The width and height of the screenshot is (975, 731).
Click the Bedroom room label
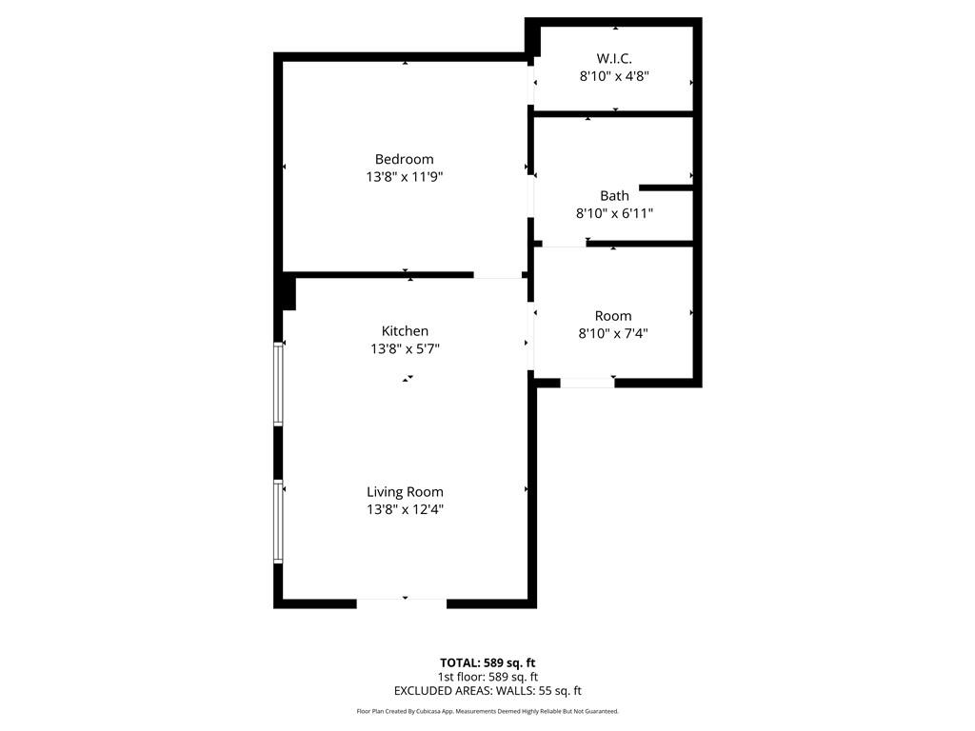pos(404,159)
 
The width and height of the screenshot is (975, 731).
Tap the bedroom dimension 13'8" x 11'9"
pos(404,176)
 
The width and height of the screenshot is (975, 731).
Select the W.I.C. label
pos(614,59)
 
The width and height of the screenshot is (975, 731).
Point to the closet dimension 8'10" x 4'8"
pos(614,76)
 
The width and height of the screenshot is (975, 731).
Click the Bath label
pos(614,196)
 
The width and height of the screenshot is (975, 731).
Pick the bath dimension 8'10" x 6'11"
pos(614,213)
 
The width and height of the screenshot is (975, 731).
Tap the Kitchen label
pos(405,331)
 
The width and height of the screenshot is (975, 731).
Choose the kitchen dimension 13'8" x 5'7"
pos(405,348)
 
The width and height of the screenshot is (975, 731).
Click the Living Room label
pos(405,492)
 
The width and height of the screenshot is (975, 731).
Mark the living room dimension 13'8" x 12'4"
pos(405,509)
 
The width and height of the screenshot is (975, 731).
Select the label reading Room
pos(612,316)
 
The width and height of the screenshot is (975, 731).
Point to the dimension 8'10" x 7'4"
pos(613,333)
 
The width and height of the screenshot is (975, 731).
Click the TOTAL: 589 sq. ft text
pos(487,662)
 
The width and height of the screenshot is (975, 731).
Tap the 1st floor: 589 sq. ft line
pos(487,677)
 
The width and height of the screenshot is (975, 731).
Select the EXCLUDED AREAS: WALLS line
pos(487,691)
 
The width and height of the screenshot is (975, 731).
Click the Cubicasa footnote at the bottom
pos(487,711)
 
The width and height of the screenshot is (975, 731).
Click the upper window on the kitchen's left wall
pos(278,383)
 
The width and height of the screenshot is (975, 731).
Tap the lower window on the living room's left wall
pos(278,522)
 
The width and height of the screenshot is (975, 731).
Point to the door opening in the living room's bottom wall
pos(402,601)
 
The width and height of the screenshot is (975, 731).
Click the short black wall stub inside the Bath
pos(665,188)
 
